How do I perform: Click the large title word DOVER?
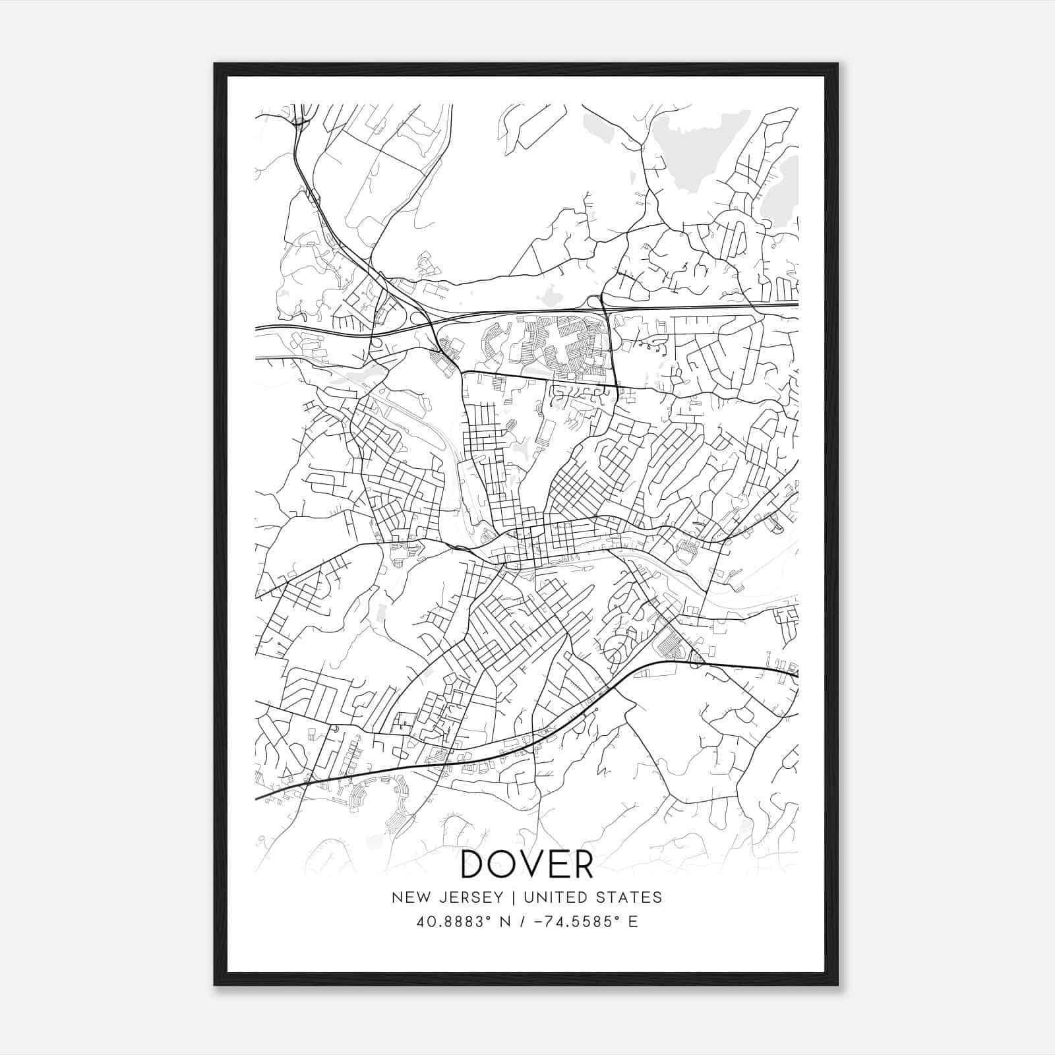(527, 864)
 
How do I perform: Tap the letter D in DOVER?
(475, 864)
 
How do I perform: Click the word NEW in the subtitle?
(411, 897)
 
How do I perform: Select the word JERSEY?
(469, 897)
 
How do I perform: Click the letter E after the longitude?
(633, 921)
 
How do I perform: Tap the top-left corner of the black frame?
(215, 64)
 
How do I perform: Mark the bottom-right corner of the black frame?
(837, 985)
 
